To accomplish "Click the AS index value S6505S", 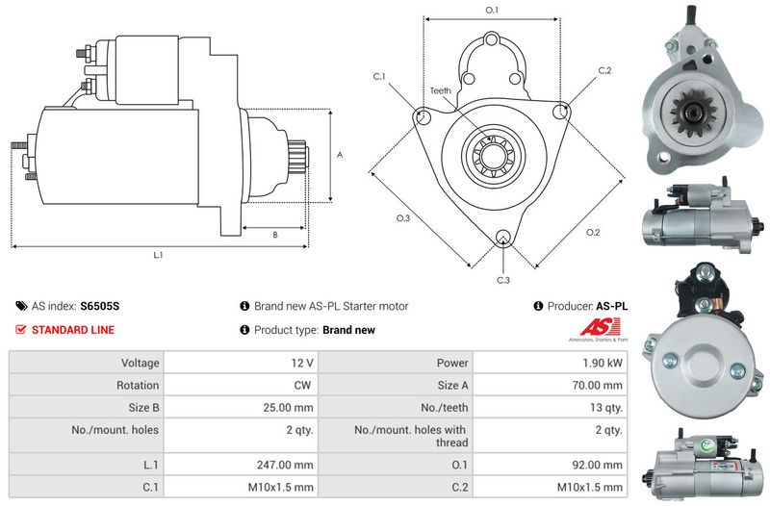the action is (100, 306).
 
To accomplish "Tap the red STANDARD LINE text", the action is (73, 330).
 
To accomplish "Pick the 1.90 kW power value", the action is (603, 363).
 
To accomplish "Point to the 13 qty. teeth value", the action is (606, 407).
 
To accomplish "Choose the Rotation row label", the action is (138, 385).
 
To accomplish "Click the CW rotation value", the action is (302, 385).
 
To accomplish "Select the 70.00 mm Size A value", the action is (597, 385).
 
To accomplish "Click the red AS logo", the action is (600, 327).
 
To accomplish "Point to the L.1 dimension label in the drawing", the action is (158, 255).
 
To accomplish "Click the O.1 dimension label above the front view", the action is (492, 10).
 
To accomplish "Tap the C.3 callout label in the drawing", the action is (503, 280).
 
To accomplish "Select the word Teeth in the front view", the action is (441, 90).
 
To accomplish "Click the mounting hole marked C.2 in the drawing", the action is (560, 112).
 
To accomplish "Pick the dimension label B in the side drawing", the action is (275, 235).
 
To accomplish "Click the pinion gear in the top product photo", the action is (693, 113).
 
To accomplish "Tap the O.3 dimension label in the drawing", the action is (403, 218).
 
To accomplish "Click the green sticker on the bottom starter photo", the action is (705, 446).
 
